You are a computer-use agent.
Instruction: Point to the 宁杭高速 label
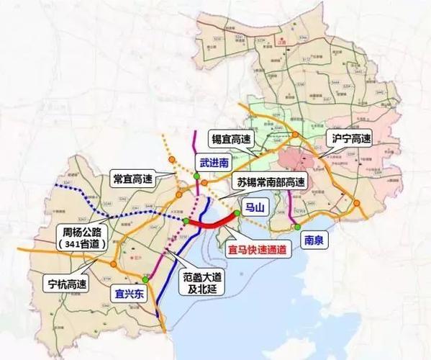(x=67, y=282)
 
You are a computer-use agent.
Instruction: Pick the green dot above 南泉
(x=297, y=227)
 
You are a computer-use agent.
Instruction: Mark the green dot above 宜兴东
(x=145, y=279)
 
